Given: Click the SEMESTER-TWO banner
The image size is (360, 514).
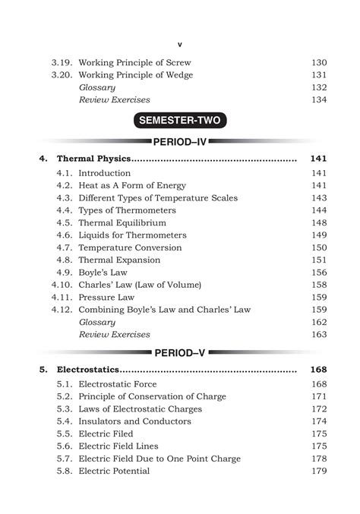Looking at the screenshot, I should pyautogui.click(x=180, y=120).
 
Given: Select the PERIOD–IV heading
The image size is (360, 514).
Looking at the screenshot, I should pyautogui.click(x=180, y=142).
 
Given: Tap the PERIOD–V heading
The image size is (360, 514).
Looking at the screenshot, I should pyautogui.click(x=180, y=352).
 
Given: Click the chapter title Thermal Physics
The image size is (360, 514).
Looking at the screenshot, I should pyautogui.click(x=94, y=159).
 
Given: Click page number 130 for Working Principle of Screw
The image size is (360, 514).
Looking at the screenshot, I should pyautogui.click(x=319, y=62).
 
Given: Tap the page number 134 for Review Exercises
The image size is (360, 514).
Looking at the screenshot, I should pyautogui.click(x=319, y=99).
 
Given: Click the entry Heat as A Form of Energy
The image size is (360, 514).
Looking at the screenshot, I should pyautogui.click(x=132, y=185).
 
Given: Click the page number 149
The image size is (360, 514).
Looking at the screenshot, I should pyautogui.click(x=319, y=235).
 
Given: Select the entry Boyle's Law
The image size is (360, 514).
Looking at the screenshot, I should pyautogui.click(x=103, y=273).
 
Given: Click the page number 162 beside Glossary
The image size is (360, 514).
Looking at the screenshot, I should pyautogui.click(x=319, y=322).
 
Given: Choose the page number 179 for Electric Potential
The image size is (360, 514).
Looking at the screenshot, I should pyautogui.click(x=319, y=471).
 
